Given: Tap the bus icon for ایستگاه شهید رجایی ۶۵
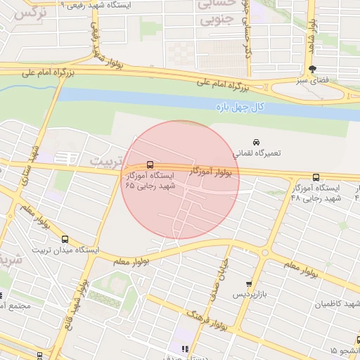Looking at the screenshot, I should click(x=149, y=165).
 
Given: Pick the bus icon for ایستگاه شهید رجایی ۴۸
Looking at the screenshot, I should click(x=315, y=178).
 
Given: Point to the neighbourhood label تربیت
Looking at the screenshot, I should click(x=105, y=160).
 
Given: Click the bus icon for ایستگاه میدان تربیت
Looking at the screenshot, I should click(x=65, y=239).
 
